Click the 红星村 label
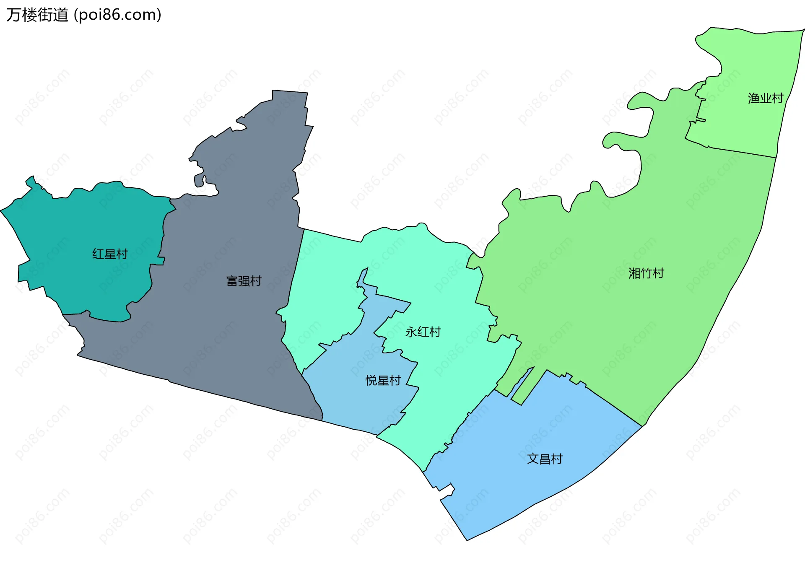tap(110, 254)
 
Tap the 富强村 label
tap(244, 281)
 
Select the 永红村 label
tap(423, 332)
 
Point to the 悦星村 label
tap(383, 381)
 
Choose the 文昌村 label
tap(544, 459)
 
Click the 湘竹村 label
tap(646, 273)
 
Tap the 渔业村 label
tap(765, 98)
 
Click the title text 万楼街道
tap(37, 15)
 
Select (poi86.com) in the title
tap(117, 15)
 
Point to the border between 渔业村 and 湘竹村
tap(742, 153)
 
